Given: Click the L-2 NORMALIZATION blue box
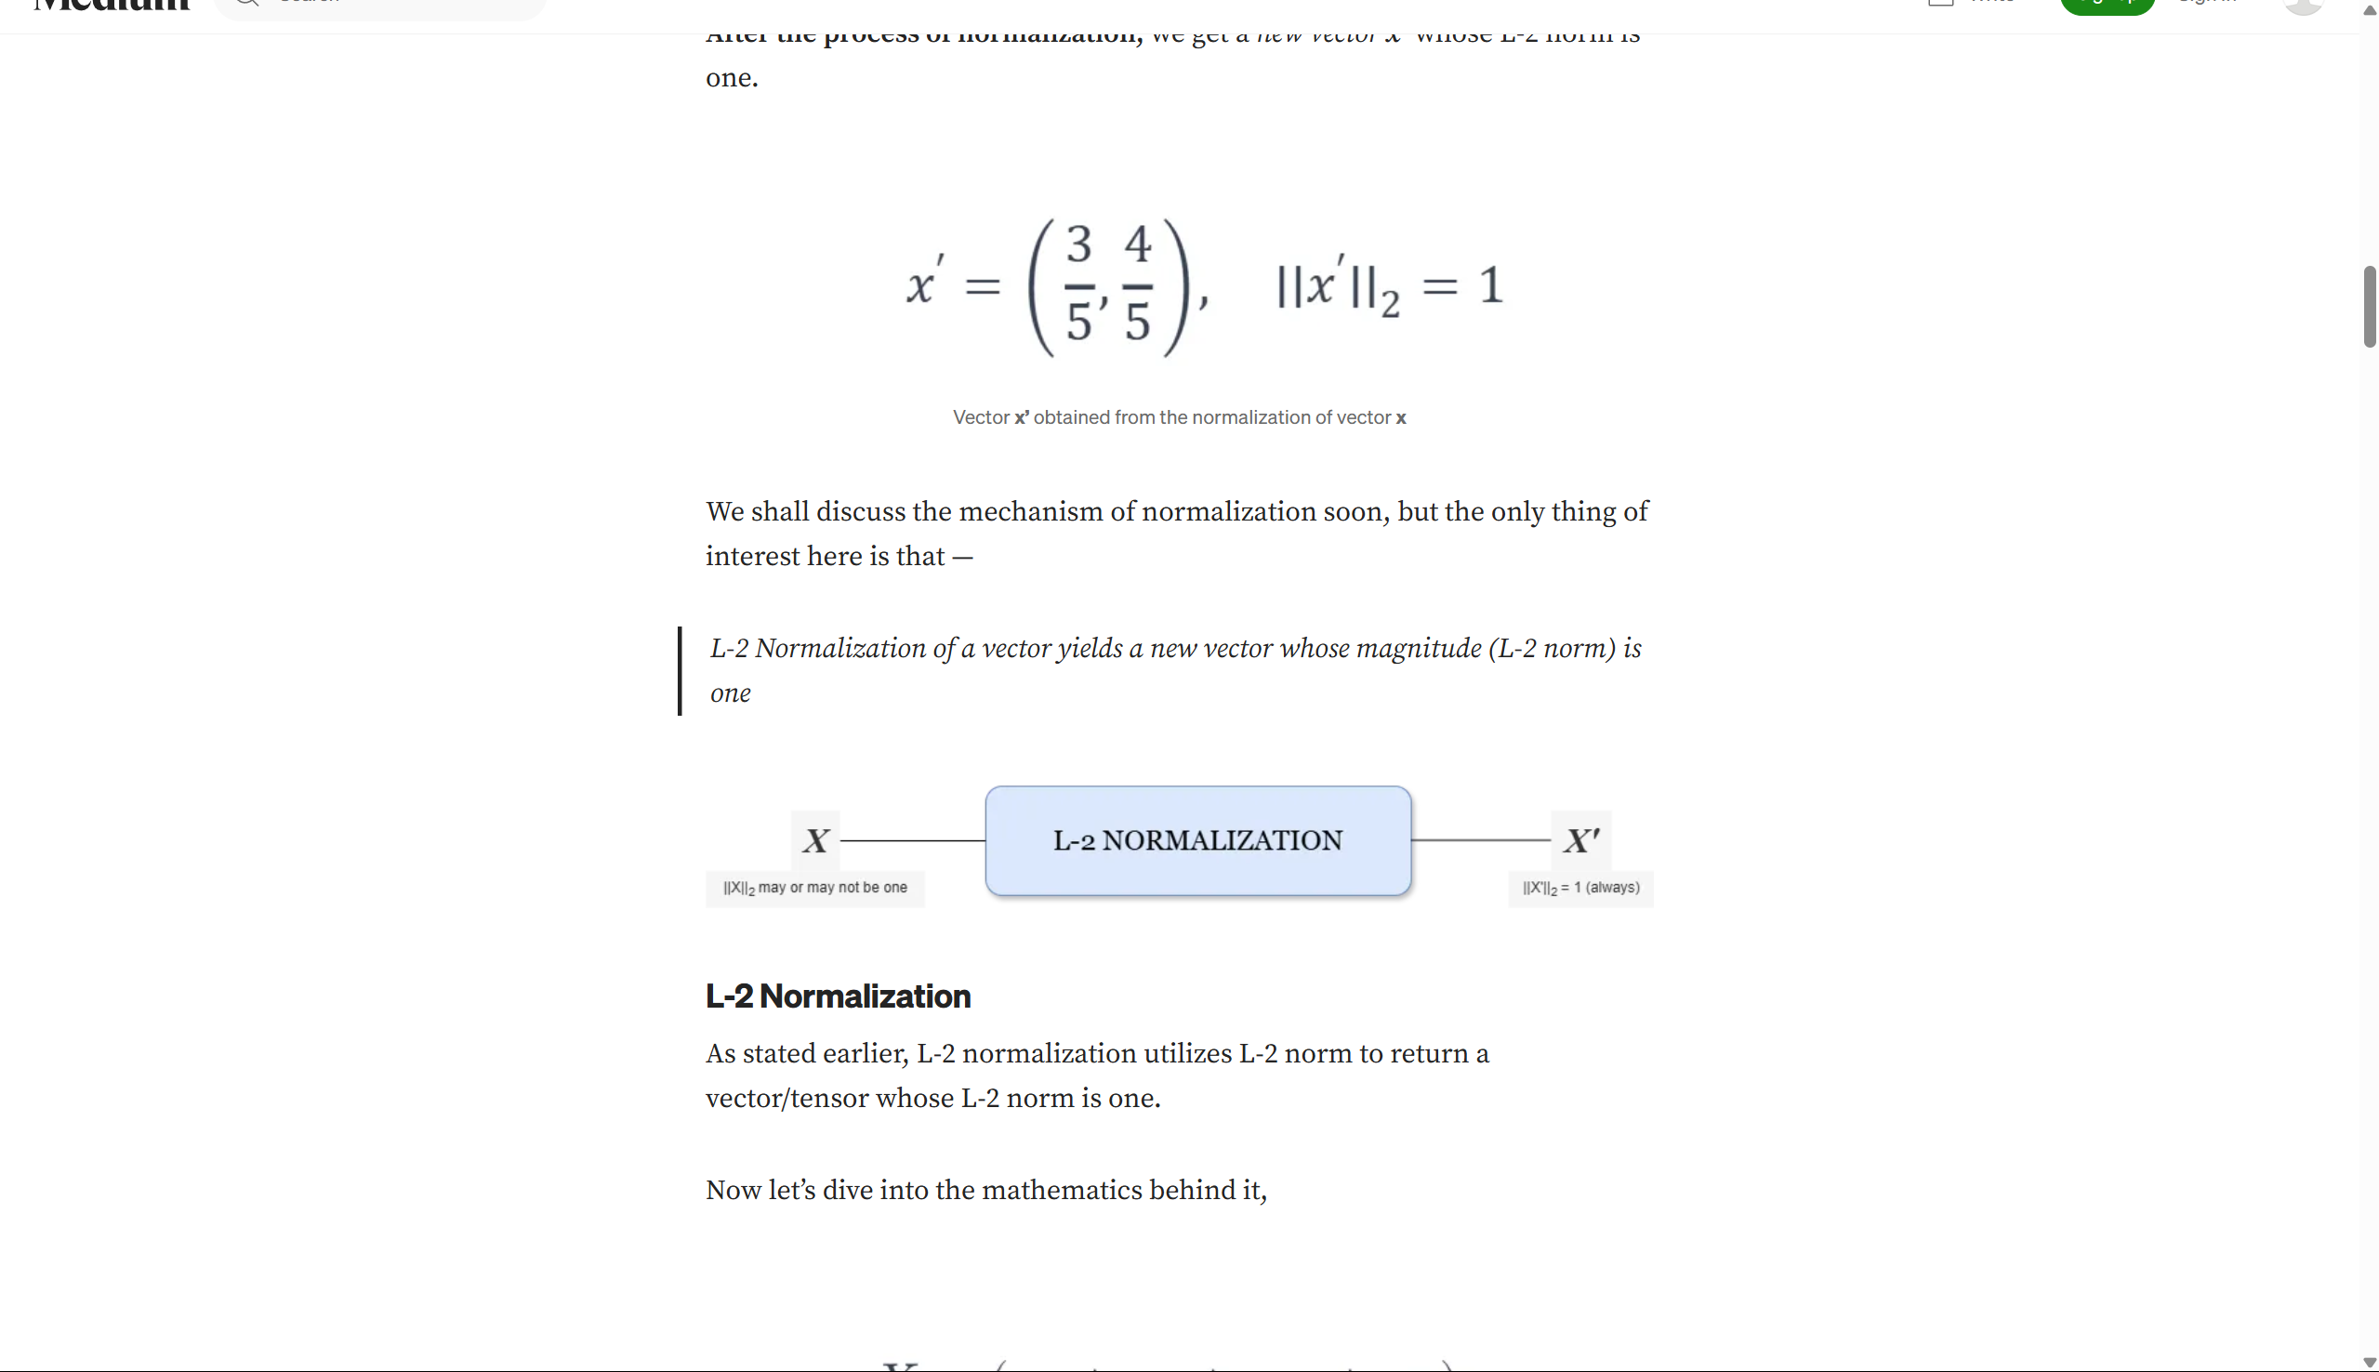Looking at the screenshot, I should coord(1197,840).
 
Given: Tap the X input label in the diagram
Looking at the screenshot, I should coord(816,840).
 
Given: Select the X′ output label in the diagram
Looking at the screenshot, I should coord(1581,840).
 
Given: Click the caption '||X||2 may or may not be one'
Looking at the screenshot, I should coord(815,888).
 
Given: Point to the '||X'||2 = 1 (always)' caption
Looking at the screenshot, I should coord(1581,888).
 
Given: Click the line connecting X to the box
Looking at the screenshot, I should coord(912,839).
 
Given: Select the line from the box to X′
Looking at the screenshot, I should coord(1480,839).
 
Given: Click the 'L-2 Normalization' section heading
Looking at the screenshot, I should coord(838,996).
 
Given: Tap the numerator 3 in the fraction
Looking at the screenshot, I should coord(1078,245).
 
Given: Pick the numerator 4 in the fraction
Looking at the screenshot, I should coord(1137,245).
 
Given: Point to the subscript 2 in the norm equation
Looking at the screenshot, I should coord(1390,304).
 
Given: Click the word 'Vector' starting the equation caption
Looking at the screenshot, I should coord(980,417).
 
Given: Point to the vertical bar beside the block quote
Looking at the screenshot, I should coord(680,671).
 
